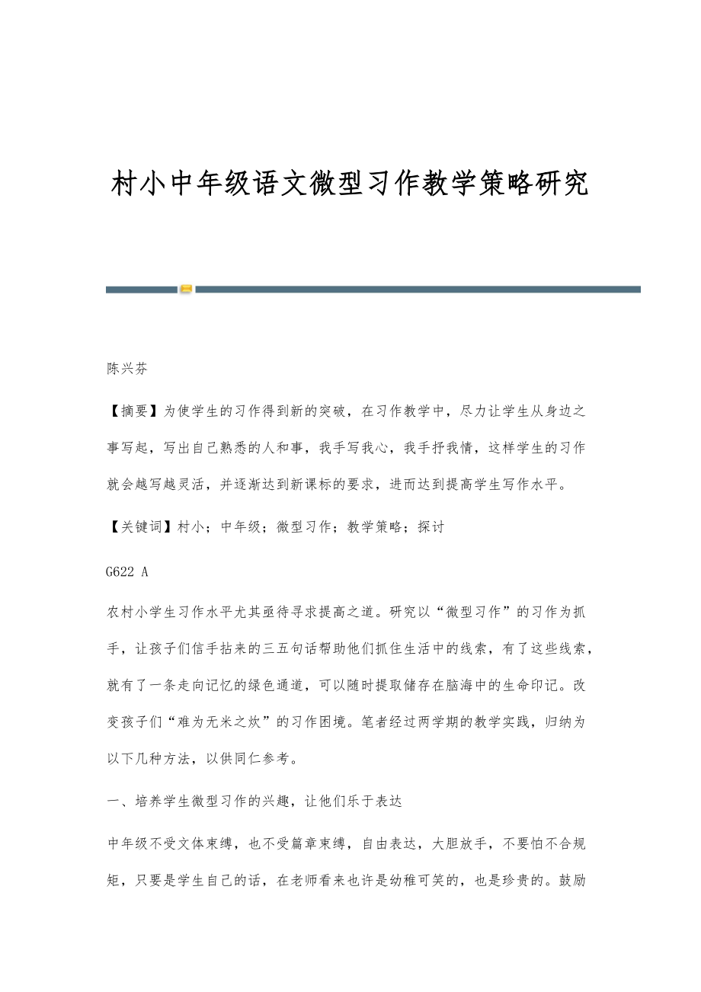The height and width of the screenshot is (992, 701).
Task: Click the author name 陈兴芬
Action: tap(126, 369)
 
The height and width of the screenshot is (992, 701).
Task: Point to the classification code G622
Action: tap(122, 568)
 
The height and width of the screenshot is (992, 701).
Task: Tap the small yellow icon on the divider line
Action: tap(186, 289)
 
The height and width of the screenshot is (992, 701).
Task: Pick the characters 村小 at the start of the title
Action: tap(138, 184)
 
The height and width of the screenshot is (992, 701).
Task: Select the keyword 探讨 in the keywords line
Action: tap(431, 527)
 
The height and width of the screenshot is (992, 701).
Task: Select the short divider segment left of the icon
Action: tap(141, 290)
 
